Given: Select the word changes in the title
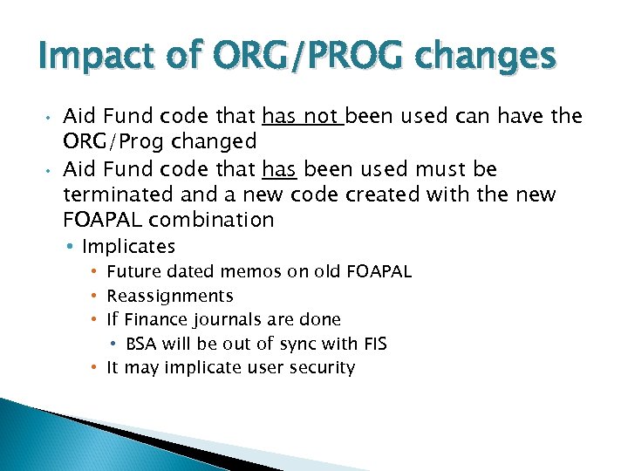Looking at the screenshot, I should pyautogui.click(x=486, y=58).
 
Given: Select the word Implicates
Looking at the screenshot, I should pyautogui.click(x=128, y=247).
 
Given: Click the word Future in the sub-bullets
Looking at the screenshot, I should pyautogui.click(x=133, y=272).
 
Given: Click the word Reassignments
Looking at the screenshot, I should pyautogui.click(x=169, y=297).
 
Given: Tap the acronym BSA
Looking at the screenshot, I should pyautogui.click(x=143, y=344).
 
